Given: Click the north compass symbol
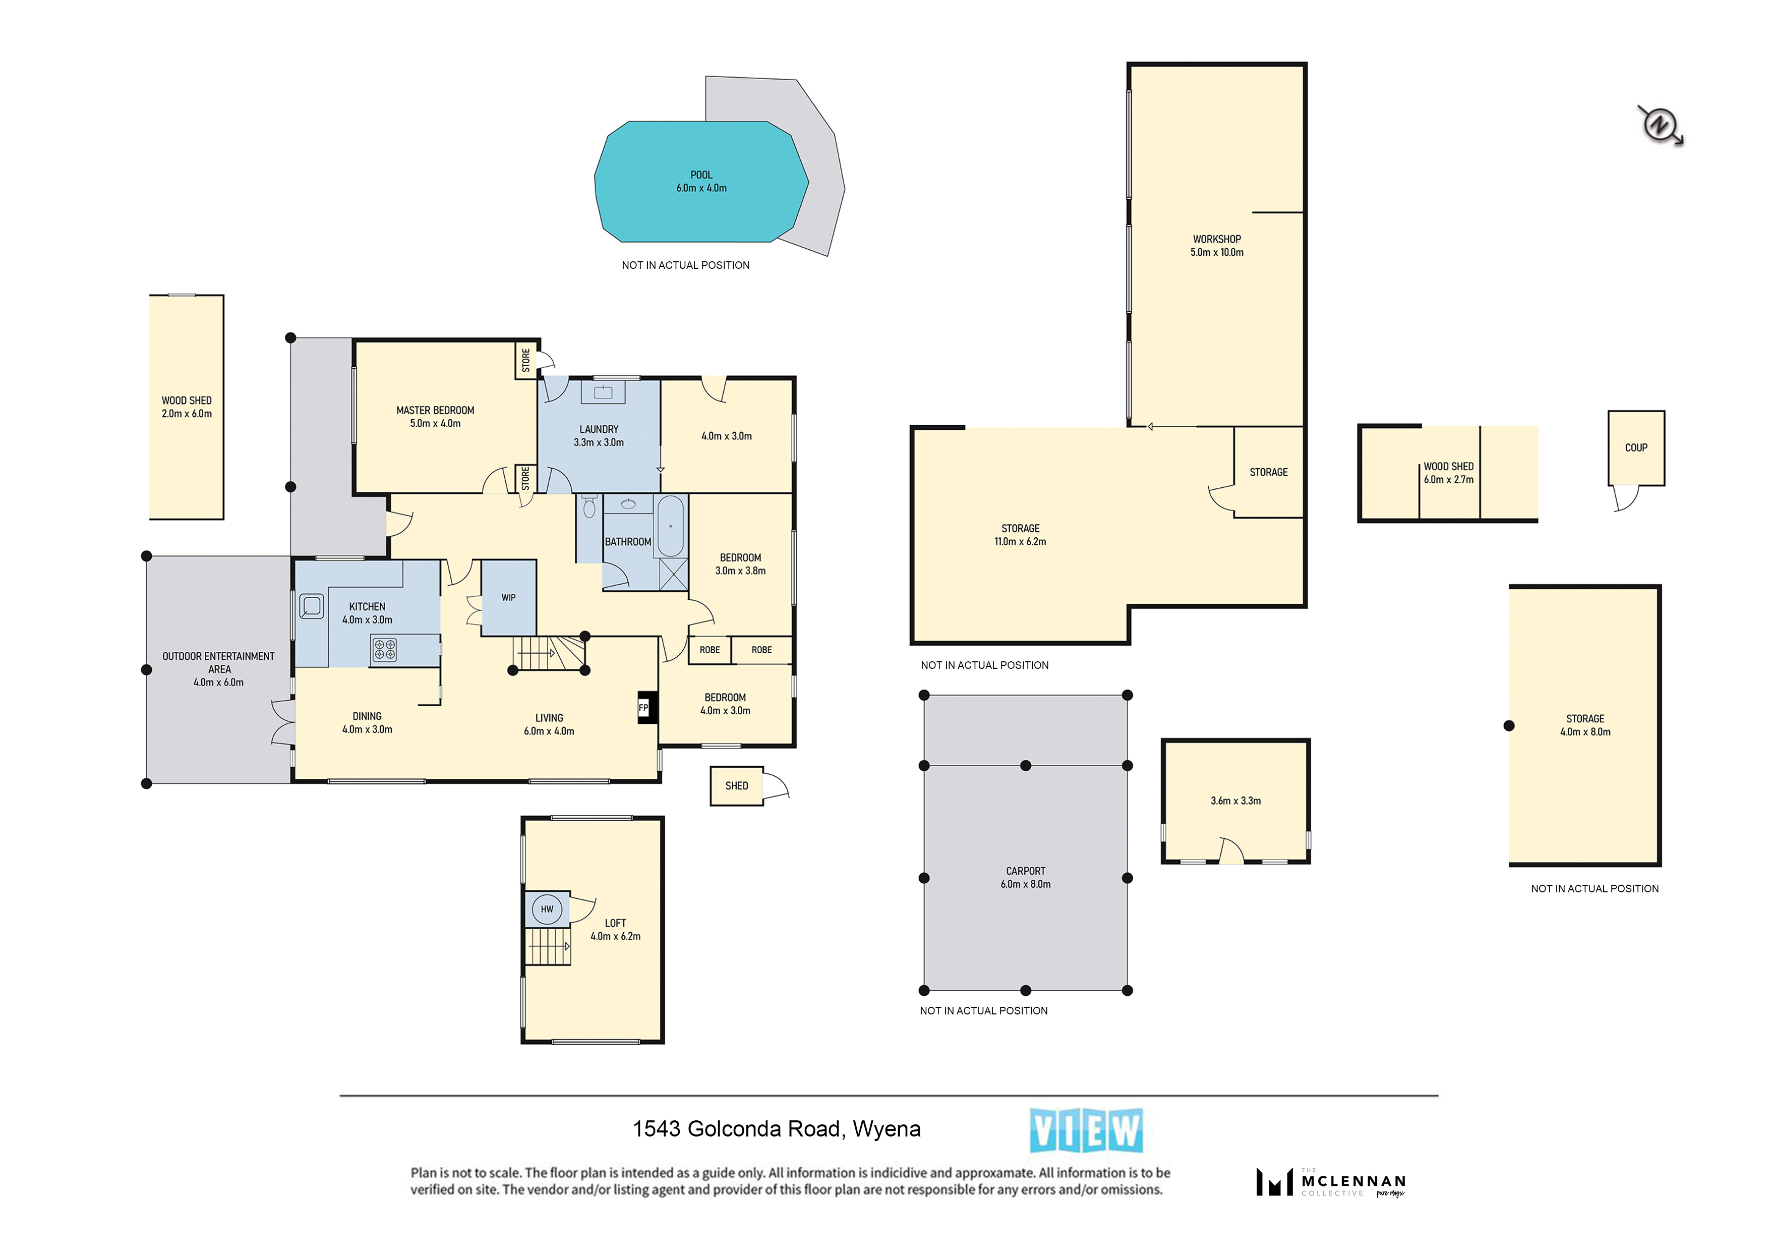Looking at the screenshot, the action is coord(1660,124).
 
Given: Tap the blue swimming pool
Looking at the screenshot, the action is coord(701,182).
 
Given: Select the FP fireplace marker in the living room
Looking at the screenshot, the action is coord(644,708).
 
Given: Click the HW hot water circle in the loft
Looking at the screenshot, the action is coord(547,909).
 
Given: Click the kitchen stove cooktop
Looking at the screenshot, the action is coord(384,649).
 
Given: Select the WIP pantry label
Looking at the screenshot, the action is coord(508,597).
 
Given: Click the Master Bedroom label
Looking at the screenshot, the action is coord(435,410).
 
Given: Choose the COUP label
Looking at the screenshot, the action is coord(1636,447).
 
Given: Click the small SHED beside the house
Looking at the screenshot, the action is coord(737,786).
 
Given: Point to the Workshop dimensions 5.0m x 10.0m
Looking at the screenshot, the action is coord(1217,252).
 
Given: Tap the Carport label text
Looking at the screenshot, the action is coord(1026,871).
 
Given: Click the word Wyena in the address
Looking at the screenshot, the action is coord(887,1130).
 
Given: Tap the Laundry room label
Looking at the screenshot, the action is coord(599,429).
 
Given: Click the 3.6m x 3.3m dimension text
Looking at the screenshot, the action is coord(1236,801).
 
